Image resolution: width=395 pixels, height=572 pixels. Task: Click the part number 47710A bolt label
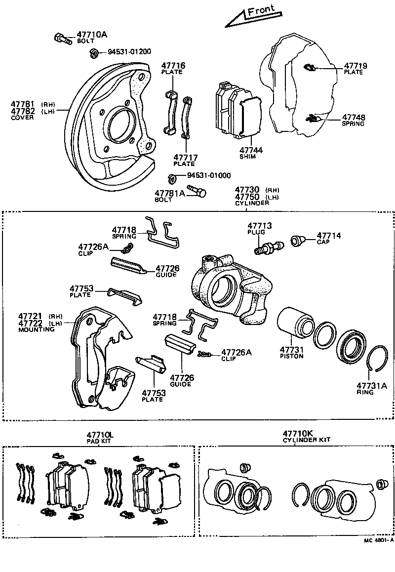point(91,35)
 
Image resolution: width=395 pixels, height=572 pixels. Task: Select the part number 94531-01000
point(208,175)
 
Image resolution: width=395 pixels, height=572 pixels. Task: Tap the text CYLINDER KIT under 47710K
point(306,440)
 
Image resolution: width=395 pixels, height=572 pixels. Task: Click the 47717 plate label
point(185,158)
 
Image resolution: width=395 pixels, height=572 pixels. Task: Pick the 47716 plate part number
point(172,66)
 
